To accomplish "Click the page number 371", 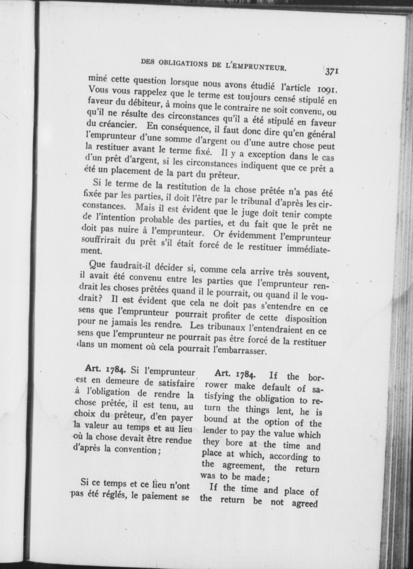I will coord(332,71).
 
